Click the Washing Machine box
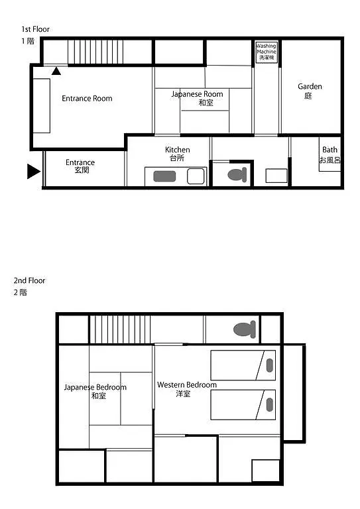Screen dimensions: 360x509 (x=267, y=52)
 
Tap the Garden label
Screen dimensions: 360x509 (x=310, y=91)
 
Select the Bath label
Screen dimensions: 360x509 (x=330, y=154)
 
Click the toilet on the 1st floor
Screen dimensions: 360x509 (x=237, y=175)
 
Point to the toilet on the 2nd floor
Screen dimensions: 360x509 (x=245, y=329)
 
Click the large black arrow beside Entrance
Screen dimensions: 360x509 (x=34, y=172)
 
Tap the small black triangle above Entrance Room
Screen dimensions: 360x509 (x=56, y=71)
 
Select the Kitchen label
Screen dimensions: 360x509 (x=177, y=154)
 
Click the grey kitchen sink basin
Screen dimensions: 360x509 (x=164, y=176)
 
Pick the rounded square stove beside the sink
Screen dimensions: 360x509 (x=196, y=176)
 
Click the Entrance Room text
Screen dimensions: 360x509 (x=87, y=98)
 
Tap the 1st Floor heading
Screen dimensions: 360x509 (x=36, y=29)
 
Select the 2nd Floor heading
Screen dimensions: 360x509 (x=30, y=280)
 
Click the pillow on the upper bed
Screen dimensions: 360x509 (x=269, y=365)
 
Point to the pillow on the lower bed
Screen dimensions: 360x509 (x=269, y=405)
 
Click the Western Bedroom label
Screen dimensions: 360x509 (x=187, y=389)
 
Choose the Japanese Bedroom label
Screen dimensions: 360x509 (x=95, y=391)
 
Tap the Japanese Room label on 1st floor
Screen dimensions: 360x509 (x=198, y=98)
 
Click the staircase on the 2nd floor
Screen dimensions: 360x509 (x=120, y=329)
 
